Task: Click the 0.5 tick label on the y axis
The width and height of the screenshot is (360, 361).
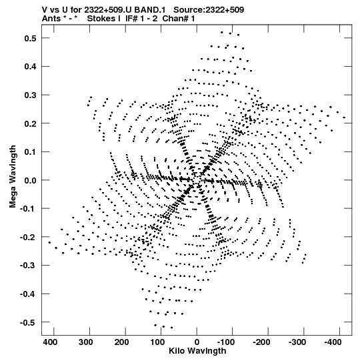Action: pos(30,38)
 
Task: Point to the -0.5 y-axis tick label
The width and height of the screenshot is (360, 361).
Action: pos(28,322)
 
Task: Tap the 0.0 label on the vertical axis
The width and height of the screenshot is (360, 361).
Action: pos(30,180)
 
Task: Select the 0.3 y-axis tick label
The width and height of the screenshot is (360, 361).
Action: pos(30,95)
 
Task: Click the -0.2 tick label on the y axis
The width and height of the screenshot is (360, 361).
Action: pos(28,237)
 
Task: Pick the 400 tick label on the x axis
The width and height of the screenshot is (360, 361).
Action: pos(50,342)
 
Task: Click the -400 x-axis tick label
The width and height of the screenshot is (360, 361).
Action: pos(333,342)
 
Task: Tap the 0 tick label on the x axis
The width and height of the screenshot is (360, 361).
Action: pos(197,342)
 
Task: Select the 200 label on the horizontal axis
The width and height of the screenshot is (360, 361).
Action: pos(121,342)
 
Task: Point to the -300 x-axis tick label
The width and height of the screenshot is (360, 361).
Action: pos(297,342)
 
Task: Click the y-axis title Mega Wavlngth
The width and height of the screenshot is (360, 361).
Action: pos(13,177)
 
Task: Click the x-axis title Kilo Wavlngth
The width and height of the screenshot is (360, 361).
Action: pos(197,351)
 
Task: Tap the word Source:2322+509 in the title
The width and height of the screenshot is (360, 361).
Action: pos(209,10)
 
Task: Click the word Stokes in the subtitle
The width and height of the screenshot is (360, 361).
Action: pos(103,19)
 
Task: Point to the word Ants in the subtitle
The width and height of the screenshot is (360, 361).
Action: pos(51,19)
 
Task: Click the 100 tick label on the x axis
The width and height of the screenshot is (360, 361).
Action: pos(157,342)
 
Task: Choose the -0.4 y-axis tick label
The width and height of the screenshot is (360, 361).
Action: pos(28,294)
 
